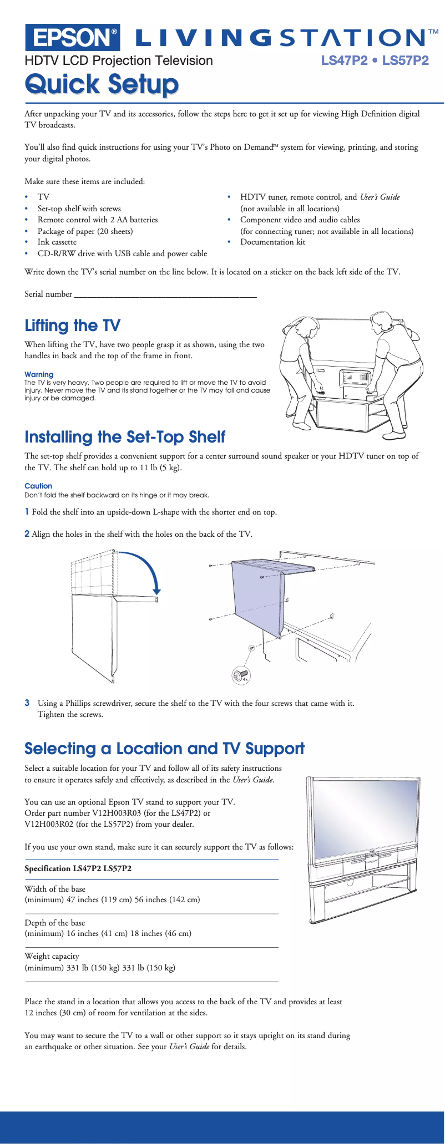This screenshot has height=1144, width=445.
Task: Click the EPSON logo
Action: [x=72, y=37]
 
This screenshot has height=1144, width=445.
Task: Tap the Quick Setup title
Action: [x=102, y=84]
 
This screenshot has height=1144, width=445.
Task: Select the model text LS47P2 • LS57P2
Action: [x=375, y=60]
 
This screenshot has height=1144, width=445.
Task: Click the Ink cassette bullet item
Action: [x=57, y=242]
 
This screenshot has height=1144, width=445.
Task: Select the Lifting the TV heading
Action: [x=72, y=326]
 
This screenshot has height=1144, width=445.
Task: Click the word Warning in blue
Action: [x=39, y=374]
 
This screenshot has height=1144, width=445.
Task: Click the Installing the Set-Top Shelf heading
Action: [x=125, y=437]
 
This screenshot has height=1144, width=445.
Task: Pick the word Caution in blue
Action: [x=38, y=486]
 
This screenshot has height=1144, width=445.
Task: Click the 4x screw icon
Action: [x=241, y=675]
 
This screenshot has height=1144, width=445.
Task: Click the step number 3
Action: [x=27, y=703]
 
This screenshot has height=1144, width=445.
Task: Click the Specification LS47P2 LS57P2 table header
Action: [x=78, y=868]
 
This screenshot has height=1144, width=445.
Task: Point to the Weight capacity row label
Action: [x=52, y=956]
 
